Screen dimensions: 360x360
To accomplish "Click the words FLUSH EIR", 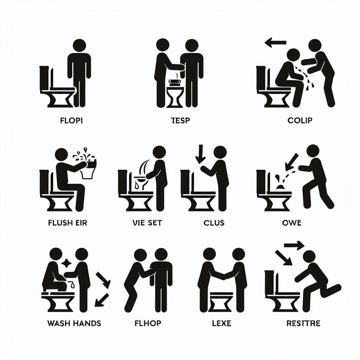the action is click(x=68, y=223).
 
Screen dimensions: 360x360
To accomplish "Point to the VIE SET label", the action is click(x=147, y=223).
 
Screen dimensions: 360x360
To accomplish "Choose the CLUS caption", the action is click(x=214, y=223).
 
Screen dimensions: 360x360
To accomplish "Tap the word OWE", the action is click(x=291, y=223).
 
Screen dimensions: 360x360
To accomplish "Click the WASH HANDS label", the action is click(x=74, y=323).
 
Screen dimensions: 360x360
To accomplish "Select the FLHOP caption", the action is click(x=148, y=323).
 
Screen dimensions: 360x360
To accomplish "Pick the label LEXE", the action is click(x=221, y=323).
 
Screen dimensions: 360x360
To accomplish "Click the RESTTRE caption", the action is click(x=303, y=323).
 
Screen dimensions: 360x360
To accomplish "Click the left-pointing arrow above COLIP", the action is click(x=276, y=43).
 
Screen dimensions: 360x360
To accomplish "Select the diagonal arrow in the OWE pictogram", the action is click(x=291, y=162).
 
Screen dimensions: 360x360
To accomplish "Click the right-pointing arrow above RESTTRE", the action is click(x=294, y=245).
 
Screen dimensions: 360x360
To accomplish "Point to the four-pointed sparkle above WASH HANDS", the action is click(x=66, y=263).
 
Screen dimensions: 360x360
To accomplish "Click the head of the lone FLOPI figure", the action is click(x=79, y=45).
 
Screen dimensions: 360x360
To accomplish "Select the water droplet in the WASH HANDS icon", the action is click(x=72, y=285).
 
